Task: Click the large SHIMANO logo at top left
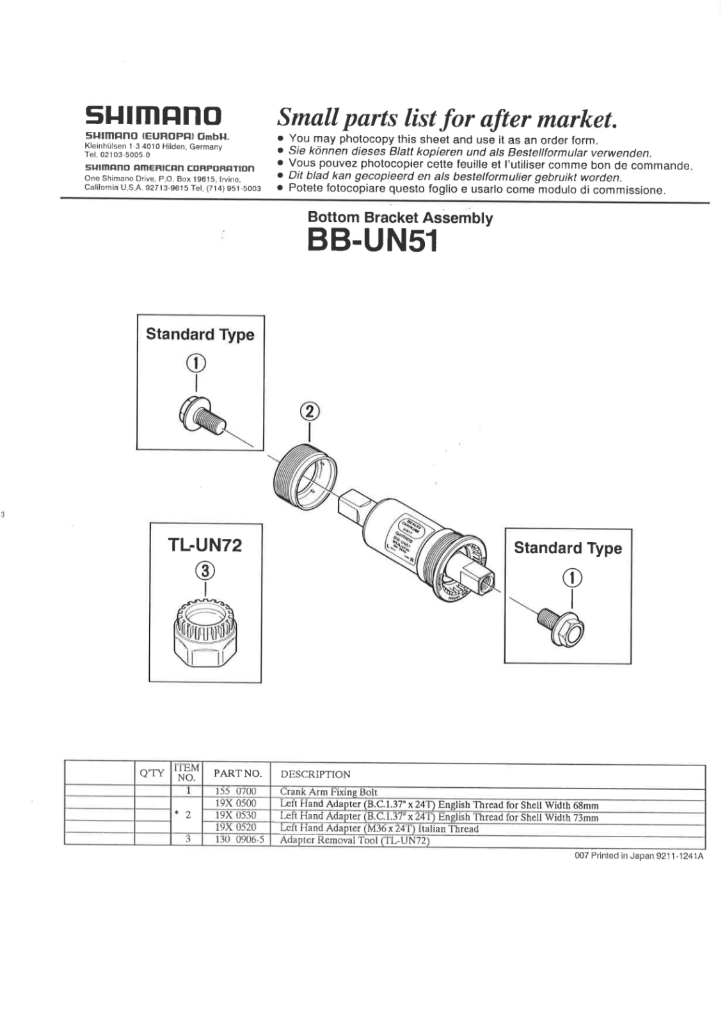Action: pyautogui.click(x=154, y=116)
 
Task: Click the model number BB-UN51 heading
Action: pyautogui.click(x=372, y=241)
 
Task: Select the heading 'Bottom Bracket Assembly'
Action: pyautogui.click(x=400, y=218)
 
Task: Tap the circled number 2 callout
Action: pyautogui.click(x=310, y=411)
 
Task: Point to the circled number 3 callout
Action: pyautogui.click(x=205, y=569)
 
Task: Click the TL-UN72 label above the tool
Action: pyautogui.click(x=205, y=545)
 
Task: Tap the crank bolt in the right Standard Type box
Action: pyautogui.click(x=561, y=625)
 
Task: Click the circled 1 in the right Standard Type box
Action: pyautogui.click(x=571, y=578)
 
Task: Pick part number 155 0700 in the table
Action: pyautogui.click(x=235, y=792)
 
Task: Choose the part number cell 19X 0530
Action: pyautogui.click(x=235, y=815)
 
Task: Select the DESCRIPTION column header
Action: pyautogui.click(x=315, y=774)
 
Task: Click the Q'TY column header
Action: pyautogui.click(x=152, y=773)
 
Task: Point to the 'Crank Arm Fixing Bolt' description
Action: pyautogui.click(x=328, y=792)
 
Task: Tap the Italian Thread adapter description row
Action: pyautogui.click(x=379, y=828)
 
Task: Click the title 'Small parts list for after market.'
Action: pyautogui.click(x=447, y=118)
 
